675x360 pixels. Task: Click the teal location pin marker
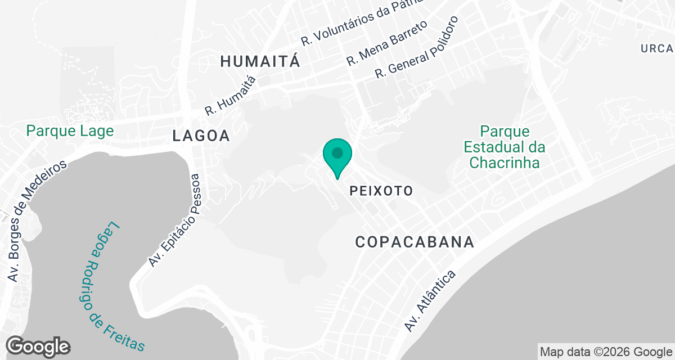pyautogui.click(x=337, y=157)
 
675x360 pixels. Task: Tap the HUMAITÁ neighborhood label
pyautogui.click(x=260, y=61)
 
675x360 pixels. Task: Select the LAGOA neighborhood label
pyautogui.click(x=201, y=136)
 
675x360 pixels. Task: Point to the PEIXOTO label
pyautogui.click(x=381, y=191)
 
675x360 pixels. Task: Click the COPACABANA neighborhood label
pyautogui.click(x=415, y=242)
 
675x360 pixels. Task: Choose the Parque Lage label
pyautogui.click(x=70, y=131)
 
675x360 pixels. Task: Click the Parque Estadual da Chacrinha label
pyautogui.click(x=505, y=147)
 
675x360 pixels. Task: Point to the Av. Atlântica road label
pyautogui.click(x=430, y=300)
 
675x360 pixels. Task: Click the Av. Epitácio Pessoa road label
pyautogui.click(x=174, y=220)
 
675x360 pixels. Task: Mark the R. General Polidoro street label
pyautogui.click(x=417, y=47)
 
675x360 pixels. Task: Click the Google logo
pyautogui.click(x=38, y=346)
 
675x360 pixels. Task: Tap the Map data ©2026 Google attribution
pyautogui.click(x=606, y=352)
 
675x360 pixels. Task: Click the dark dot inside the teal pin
pyautogui.click(x=337, y=152)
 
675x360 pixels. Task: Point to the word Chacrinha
pyautogui.click(x=505, y=163)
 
